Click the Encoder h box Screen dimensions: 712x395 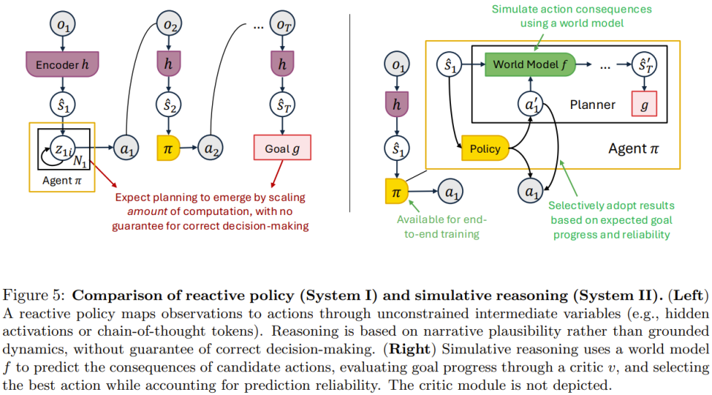point(62,64)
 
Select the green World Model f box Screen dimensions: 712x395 point(530,64)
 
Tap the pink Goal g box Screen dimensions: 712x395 point(282,147)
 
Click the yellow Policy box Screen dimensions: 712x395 point(485,147)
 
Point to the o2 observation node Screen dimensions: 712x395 point(169,24)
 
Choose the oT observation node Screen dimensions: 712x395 point(282,24)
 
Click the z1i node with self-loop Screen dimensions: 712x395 point(63,147)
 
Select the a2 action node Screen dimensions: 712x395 point(210,147)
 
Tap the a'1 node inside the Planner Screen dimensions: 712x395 point(530,104)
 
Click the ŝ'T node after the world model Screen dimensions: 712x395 point(645,64)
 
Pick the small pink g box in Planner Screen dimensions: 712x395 point(645,104)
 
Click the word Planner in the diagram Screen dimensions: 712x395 point(593,104)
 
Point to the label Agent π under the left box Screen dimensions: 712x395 point(62,181)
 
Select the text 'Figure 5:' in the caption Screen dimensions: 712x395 point(34,296)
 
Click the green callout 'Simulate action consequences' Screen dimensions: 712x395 point(572,9)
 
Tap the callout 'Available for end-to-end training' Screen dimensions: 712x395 point(442,227)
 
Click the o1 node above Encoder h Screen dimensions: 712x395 point(62,24)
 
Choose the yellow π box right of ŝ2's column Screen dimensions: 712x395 point(168,147)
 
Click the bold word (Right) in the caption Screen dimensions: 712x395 point(409,349)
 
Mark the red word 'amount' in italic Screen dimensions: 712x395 point(147,211)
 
